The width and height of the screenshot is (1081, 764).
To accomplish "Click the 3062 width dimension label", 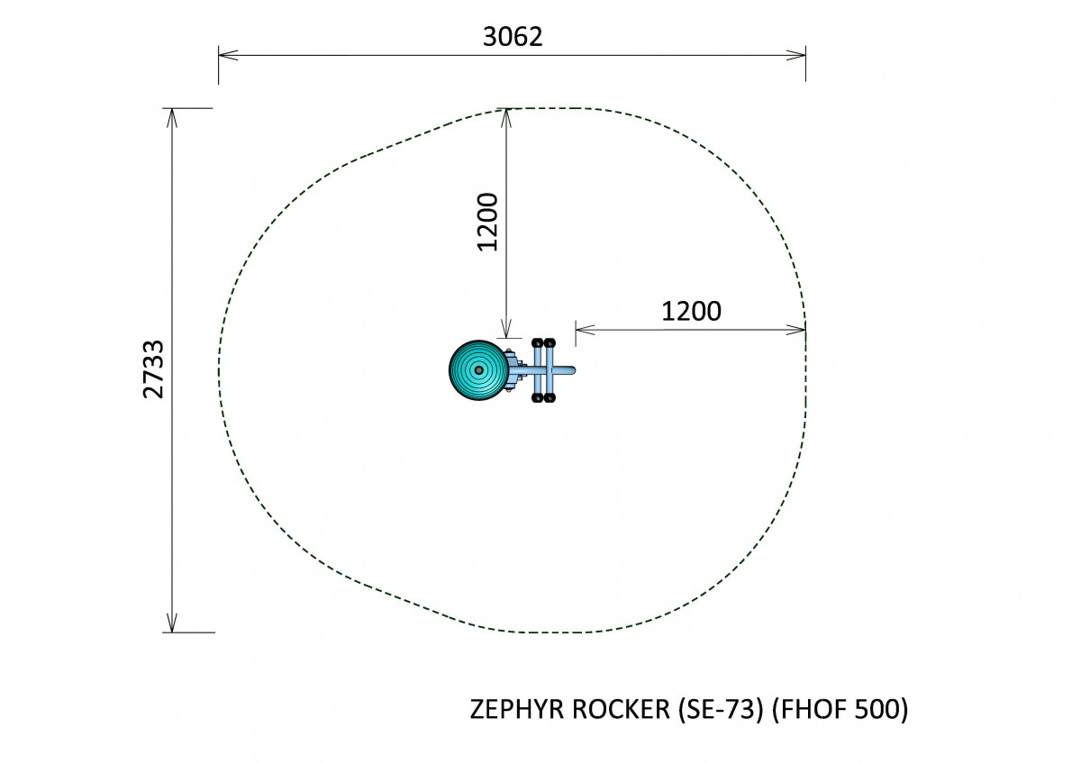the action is click(x=513, y=37).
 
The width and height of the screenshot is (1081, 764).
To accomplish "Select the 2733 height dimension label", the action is click(x=154, y=369).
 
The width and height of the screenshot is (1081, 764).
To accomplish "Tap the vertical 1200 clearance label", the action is click(x=487, y=222).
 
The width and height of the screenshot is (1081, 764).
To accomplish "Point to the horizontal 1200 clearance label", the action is click(x=691, y=312).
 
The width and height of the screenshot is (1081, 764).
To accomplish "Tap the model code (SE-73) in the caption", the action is click(x=722, y=709).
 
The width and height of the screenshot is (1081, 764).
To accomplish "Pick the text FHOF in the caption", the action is click(x=813, y=709).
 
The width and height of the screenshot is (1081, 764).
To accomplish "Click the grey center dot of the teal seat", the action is click(x=478, y=370).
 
